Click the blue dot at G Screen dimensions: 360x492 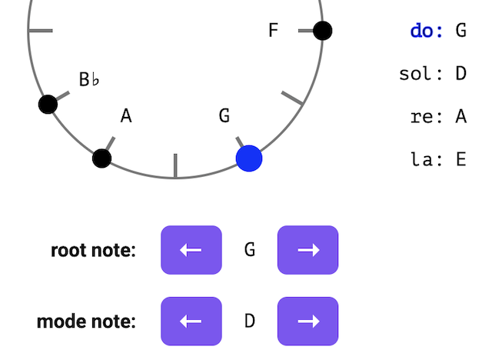coord(249,158)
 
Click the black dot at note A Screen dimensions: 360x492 coord(101,158)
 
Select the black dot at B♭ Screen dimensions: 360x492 coord(48,104)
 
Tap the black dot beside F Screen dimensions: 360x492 coord(323,31)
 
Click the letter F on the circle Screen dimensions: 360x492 coord(273,31)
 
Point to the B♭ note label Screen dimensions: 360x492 coord(89,79)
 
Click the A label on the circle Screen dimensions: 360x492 coord(126,116)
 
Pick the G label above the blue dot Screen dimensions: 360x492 coord(224,116)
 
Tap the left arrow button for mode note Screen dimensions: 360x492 coord(191,321)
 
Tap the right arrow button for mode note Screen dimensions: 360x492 coord(307,321)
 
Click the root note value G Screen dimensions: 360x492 coord(249,250)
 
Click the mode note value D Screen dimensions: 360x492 coord(249,321)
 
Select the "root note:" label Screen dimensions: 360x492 coord(93,250)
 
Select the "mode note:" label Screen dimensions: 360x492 coord(86,321)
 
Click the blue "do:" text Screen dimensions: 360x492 coord(427,31)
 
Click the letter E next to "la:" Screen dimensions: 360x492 coord(461,160)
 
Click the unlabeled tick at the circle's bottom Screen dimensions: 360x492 coord(175,166)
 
